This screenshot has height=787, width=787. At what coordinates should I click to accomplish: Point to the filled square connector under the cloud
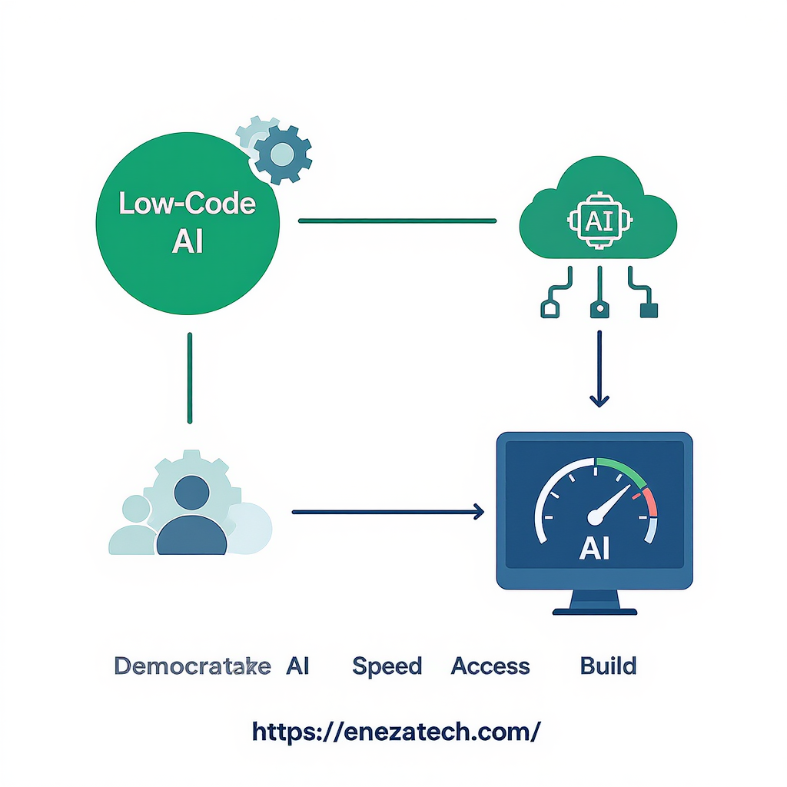(x=649, y=310)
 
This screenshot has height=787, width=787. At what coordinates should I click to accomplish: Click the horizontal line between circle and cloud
(x=397, y=221)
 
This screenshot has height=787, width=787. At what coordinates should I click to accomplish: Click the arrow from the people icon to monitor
(x=388, y=511)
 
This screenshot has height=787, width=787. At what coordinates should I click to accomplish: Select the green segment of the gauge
(x=619, y=467)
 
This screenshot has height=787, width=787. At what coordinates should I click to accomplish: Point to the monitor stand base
(x=595, y=612)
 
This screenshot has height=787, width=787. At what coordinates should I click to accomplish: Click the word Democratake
(x=192, y=666)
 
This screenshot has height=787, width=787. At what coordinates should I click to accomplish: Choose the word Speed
(x=387, y=666)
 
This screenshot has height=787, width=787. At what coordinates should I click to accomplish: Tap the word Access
(x=490, y=666)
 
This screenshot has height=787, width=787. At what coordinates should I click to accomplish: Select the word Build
(x=608, y=666)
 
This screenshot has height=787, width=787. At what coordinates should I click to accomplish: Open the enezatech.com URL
(x=397, y=731)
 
